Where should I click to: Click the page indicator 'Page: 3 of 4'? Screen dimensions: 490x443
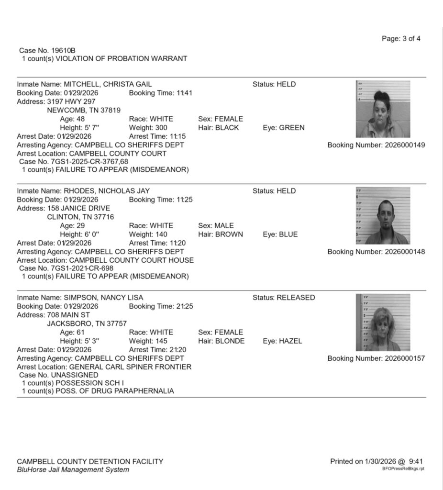click(x=401, y=39)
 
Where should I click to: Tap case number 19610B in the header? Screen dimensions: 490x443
click(x=47, y=50)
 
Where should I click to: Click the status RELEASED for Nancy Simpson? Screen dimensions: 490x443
click(x=295, y=298)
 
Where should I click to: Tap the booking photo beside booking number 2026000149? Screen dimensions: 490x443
click(x=383, y=109)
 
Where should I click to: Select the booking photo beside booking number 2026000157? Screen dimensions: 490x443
click(x=383, y=323)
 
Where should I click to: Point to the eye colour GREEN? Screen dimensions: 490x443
click(x=292, y=128)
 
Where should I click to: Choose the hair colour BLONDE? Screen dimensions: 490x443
click(x=230, y=341)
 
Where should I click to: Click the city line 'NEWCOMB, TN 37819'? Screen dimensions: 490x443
click(x=83, y=110)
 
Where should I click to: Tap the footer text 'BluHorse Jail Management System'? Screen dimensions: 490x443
click(x=73, y=470)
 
